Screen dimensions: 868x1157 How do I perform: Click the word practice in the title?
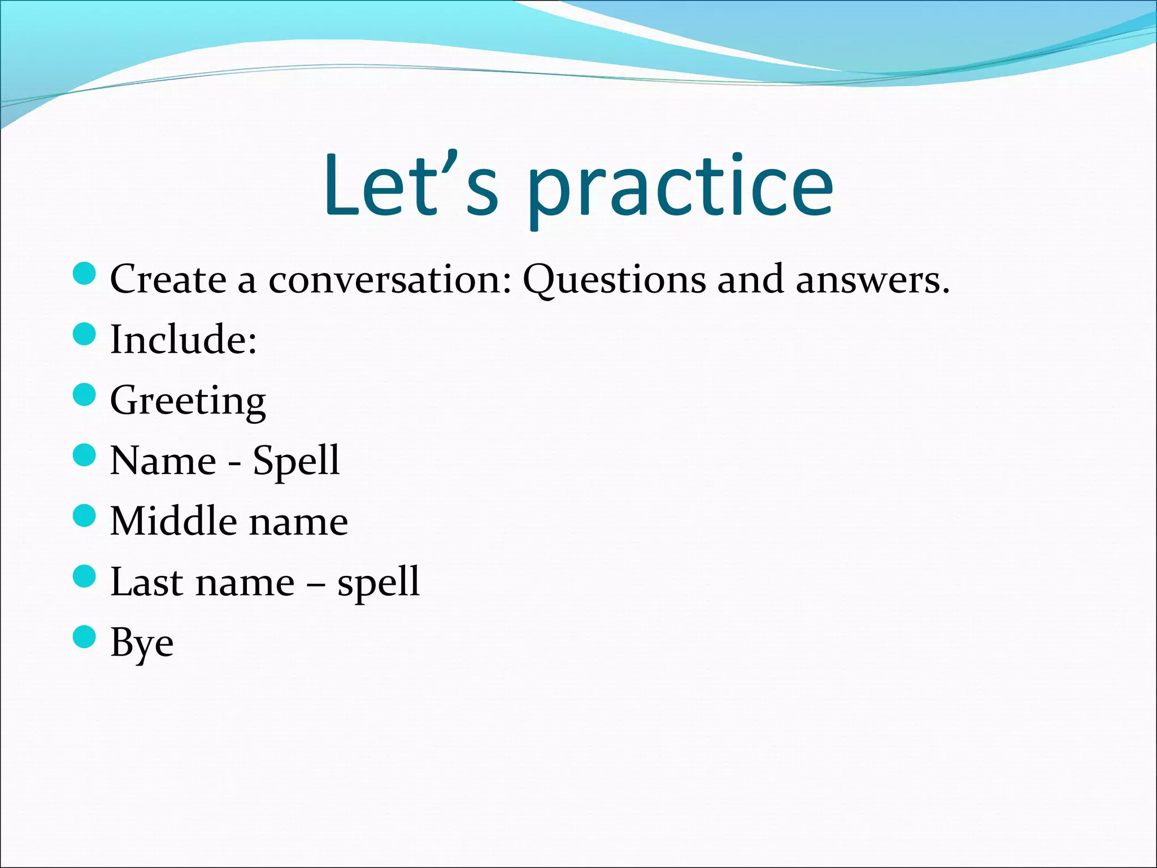coord(680,189)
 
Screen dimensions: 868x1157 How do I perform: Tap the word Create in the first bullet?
coord(168,279)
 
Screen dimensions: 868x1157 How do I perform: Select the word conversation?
coord(390,279)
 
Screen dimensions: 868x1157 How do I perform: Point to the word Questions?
coord(614,280)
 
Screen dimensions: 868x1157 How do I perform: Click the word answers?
coord(872,279)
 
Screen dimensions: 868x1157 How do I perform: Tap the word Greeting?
coord(188,401)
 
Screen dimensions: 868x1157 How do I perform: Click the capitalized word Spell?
coord(296,461)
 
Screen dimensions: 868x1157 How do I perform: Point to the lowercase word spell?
coord(379,583)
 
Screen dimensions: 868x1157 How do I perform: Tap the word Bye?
coord(142,643)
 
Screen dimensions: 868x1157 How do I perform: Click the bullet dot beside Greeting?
coord(85,394)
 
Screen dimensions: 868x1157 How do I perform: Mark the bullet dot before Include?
coord(85,333)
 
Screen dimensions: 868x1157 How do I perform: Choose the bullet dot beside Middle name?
coord(85,515)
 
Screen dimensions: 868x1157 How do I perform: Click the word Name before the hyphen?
coord(163,461)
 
